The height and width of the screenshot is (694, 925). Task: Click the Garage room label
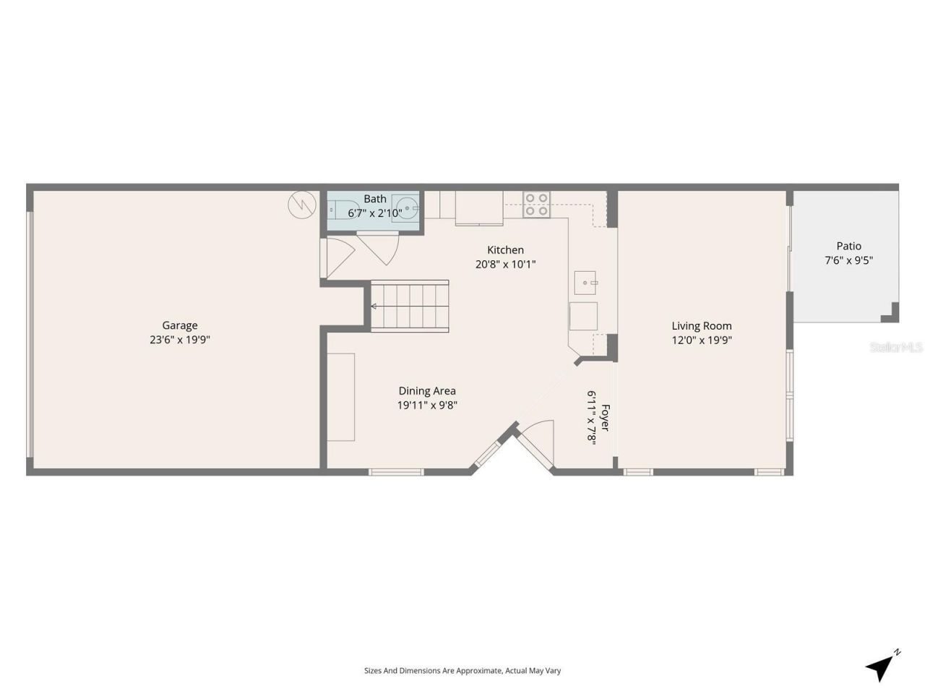pyautogui.click(x=179, y=325)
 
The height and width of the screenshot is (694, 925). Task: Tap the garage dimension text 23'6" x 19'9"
pyautogui.click(x=179, y=340)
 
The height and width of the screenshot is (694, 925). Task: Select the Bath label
pyautogui.click(x=374, y=199)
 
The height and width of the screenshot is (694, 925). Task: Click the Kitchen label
pyautogui.click(x=505, y=250)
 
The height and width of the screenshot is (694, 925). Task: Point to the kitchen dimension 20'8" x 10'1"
pyautogui.click(x=505, y=265)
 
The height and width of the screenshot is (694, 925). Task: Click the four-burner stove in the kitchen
pyautogui.click(x=537, y=204)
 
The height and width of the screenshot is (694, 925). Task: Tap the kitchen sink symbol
pyautogui.click(x=585, y=283)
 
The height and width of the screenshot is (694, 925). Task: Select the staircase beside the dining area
pyautogui.click(x=410, y=307)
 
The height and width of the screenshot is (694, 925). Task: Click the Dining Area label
pyautogui.click(x=427, y=391)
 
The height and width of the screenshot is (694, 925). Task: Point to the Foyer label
pyautogui.click(x=605, y=418)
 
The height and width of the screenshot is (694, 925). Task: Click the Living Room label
pyautogui.click(x=702, y=326)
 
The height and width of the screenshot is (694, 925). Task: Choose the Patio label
pyautogui.click(x=848, y=246)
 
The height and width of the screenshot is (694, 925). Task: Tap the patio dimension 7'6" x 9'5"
pyautogui.click(x=848, y=260)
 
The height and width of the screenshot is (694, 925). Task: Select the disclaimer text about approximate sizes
pyautogui.click(x=462, y=671)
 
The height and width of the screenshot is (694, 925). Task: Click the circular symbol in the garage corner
pyautogui.click(x=301, y=205)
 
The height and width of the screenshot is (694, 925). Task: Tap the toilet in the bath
pyautogui.click(x=341, y=209)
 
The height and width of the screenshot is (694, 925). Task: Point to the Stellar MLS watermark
pyautogui.click(x=896, y=347)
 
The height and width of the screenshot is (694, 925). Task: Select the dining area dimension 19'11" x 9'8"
pyautogui.click(x=427, y=406)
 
